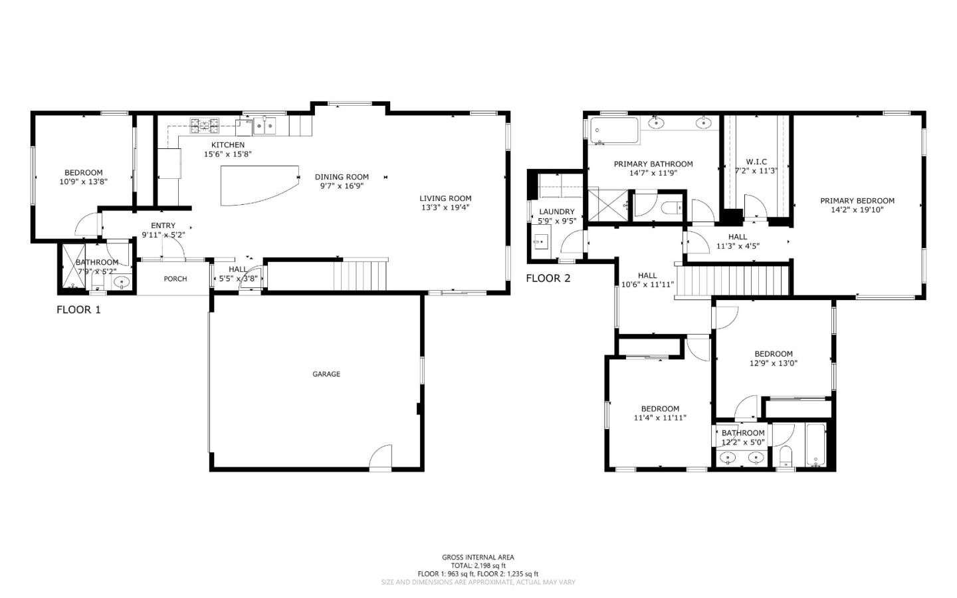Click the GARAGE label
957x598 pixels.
tap(326, 374)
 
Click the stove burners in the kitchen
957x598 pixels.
tap(205, 124)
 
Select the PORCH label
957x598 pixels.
tap(175, 279)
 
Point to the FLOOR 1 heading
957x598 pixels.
tap(78, 309)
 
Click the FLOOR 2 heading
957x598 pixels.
tap(548, 278)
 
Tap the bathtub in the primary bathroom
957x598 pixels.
tap(613, 131)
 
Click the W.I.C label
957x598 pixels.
tap(756, 162)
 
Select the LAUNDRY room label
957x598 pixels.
tap(556, 212)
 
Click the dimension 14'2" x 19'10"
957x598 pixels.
tap(857, 210)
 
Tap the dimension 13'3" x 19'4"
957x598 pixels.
tap(445, 208)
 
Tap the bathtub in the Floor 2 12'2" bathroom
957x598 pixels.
tap(815, 445)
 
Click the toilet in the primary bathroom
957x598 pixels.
tap(672, 208)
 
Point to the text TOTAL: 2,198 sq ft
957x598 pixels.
tap(478, 565)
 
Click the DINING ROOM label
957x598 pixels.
tap(342, 177)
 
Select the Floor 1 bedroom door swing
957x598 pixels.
tap(86, 226)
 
